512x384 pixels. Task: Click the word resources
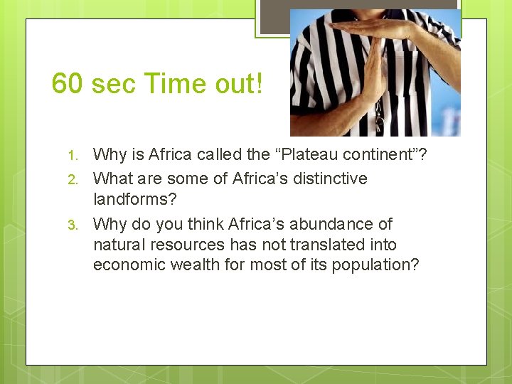[188, 245]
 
